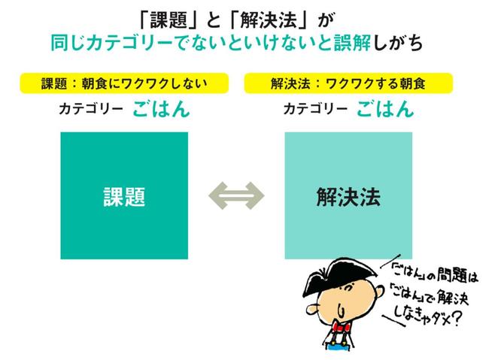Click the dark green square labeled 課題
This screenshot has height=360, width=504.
[124, 195]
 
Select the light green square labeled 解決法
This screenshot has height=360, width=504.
[348, 195]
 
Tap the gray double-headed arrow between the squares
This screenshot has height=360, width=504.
[236, 196]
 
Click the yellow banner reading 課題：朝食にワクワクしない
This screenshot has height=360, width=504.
[124, 83]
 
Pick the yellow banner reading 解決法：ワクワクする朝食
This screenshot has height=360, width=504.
[348, 83]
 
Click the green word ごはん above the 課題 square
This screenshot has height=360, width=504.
[161, 108]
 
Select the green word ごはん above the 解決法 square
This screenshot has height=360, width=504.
[385, 108]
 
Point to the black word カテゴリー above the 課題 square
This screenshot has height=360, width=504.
[91, 109]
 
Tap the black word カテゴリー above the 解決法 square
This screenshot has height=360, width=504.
[315, 109]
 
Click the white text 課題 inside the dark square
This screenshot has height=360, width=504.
[124, 197]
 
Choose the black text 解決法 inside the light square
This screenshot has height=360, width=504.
[348, 197]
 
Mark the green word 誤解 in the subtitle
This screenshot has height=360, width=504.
[353, 43]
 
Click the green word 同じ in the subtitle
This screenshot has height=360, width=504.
[68, 43]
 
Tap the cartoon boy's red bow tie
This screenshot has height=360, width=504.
[341, 327]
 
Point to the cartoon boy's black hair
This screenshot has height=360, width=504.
[341, 276]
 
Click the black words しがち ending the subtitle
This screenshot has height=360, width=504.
[398, 43]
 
